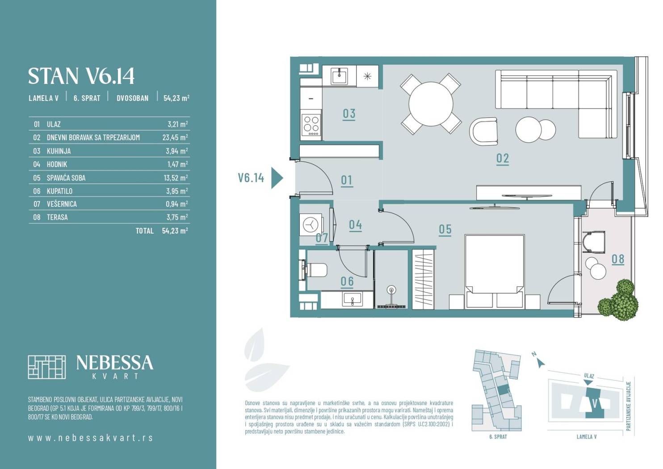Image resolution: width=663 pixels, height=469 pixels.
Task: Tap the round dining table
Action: click(x=431, y=104)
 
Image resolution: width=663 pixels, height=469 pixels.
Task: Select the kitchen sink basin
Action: click(x=339, y=76)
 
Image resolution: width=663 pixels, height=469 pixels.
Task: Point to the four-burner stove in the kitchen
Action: click(x=311, y=125)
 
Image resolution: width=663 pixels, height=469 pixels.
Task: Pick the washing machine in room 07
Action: click(x=311, y=225)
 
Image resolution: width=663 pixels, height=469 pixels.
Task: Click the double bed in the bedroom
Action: click(x=495, y=272)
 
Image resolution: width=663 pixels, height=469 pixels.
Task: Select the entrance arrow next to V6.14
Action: click(x=277, y=178)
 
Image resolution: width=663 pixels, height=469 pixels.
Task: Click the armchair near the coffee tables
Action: click(x=483, y=132)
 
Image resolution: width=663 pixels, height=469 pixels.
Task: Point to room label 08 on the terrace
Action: click(x=618, y=259)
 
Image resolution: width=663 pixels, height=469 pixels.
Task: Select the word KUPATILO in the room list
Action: click(x=59, y=191)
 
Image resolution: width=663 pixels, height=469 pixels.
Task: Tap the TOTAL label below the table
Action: click(x=144, y=231)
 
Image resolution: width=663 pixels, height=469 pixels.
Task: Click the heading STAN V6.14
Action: click(x=81, y=76)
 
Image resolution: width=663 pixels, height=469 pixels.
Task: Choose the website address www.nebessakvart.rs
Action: click(x=90, y=438)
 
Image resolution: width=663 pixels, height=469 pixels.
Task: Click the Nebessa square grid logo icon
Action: click(x=47, y=367)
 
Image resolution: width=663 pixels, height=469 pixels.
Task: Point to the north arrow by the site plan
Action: click(x=541, y=363)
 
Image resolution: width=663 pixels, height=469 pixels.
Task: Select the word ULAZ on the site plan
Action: click(x=589, y=376)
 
